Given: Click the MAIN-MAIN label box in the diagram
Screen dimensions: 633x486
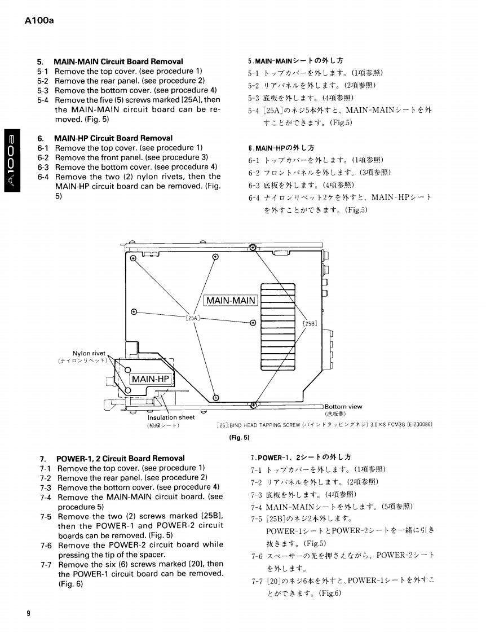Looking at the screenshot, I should [x=231, y=301].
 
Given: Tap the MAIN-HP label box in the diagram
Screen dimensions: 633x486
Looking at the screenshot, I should [x=151, y=379].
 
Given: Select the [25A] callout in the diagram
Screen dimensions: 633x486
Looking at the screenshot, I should [x=193, y=318].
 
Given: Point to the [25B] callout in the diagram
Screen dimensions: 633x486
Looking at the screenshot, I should [x=310, y=324].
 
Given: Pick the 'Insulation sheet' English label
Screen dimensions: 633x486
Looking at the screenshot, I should [x=171, y=417].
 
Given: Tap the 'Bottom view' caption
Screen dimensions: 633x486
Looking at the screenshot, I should [x=343, y=407].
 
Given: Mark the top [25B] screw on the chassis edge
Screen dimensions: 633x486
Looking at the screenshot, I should [x=253, y=248].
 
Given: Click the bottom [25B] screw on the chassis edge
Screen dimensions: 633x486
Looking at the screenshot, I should [x=254, y=404].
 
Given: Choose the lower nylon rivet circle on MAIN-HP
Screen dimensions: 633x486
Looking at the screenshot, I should [x=127, y=389].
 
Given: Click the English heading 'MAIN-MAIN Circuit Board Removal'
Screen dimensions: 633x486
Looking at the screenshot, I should [x=118, y=61].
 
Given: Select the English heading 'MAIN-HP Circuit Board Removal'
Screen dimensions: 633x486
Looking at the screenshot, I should [x=113, y=138].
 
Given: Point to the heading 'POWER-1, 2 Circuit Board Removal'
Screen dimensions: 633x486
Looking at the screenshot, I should [x=120, y=459].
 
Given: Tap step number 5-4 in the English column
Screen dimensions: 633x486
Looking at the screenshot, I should [x=43, y=100].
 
